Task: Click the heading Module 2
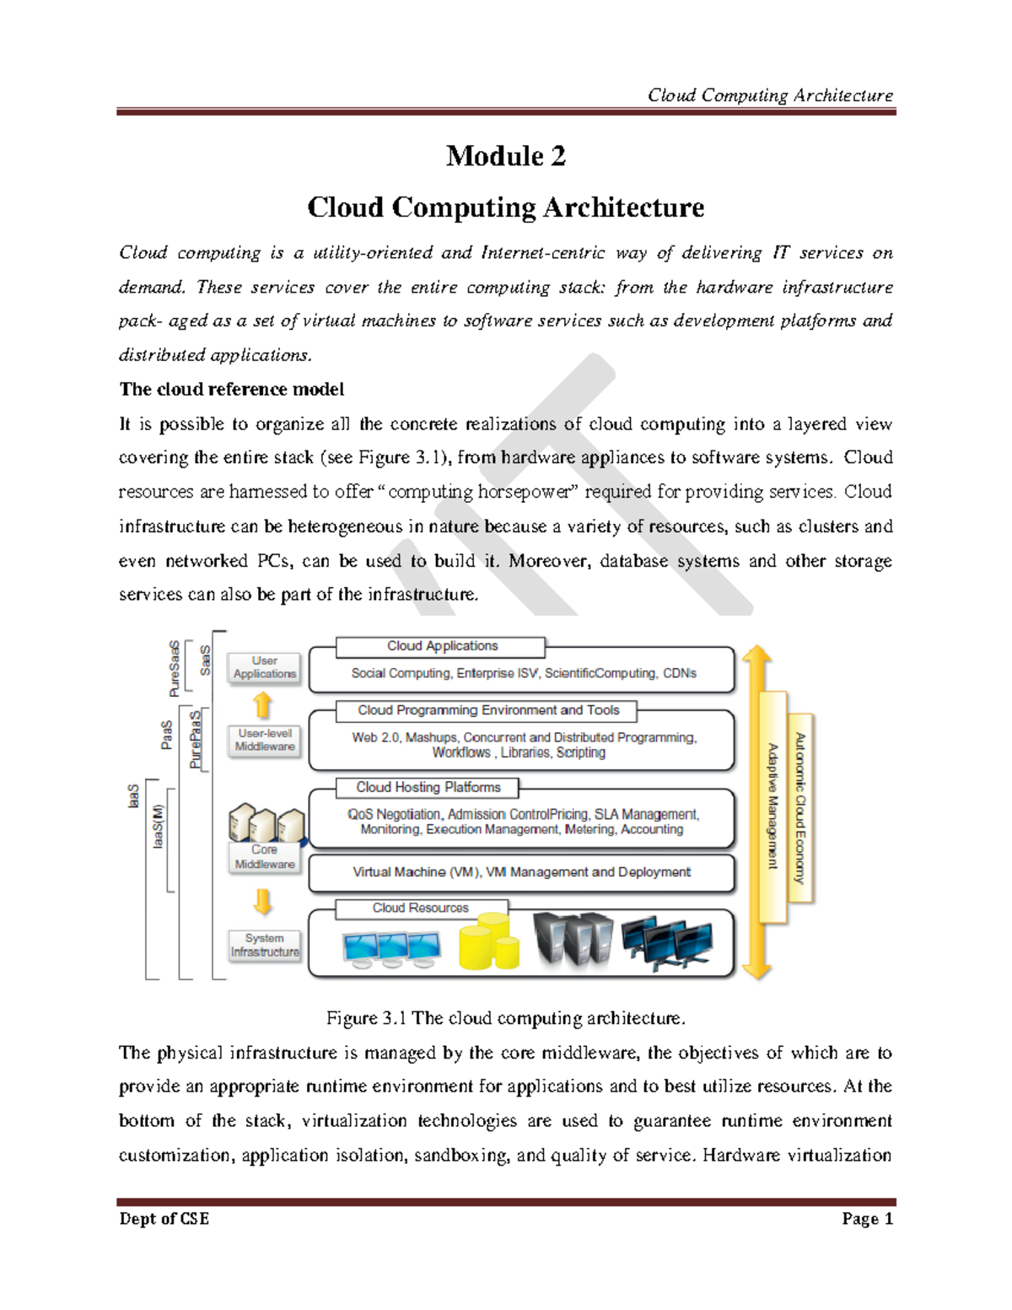click(x=505, y=156)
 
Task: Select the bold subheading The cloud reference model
click(x=232, y=389)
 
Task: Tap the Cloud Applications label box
click(x=441, y=646)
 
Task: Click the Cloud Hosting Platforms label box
click(x=428, y=787)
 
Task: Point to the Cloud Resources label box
click(x=421, y=908)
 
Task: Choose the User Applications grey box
click(x=265, y=667)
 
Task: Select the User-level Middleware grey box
click(x=265, y=740)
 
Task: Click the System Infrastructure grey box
click(x=265, y=945)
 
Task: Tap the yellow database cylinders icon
click(x=489, y=943)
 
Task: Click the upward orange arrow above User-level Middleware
click(x=263, y=704)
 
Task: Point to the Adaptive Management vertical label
click(x=772, y=806)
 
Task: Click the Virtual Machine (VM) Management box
click(x=521, y=872)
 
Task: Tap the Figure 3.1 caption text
click(x=506, y=1018)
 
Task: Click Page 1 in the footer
click(x=867, y=1219)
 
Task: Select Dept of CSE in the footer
click(x=164, y=1219)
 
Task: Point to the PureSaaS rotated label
click(x=175, y=669)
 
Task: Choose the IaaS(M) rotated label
click(x=158, y=826)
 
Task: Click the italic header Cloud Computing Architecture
click(x=770, y=95)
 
